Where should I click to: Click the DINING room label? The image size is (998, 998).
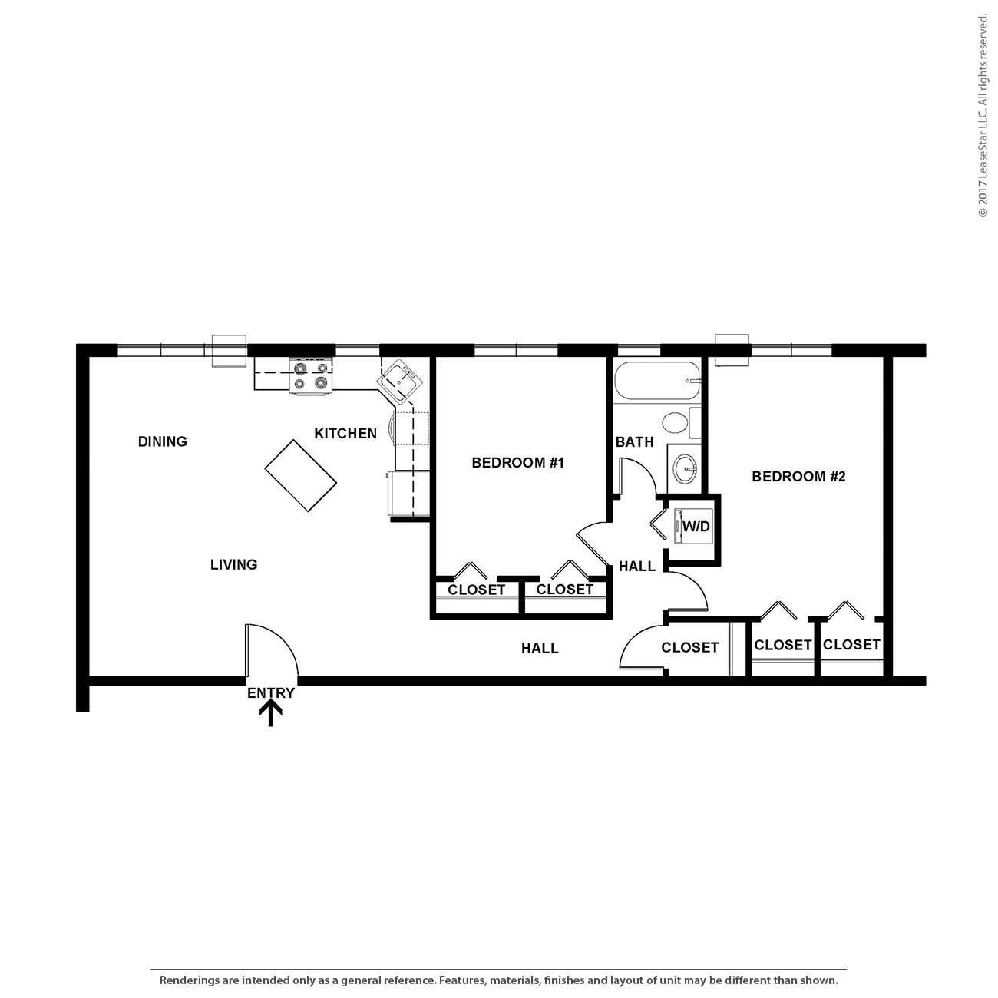[x=162, y=441]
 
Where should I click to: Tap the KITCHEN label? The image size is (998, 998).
[x=345, y=434]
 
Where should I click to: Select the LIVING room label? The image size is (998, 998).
[x=233, y=565]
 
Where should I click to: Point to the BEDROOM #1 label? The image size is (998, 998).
[x=517, y=463]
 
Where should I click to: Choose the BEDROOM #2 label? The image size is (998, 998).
[x=798, y=477]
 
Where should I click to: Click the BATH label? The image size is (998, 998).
[x=634, y=442]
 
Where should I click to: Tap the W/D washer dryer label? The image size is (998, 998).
[x=696, y=527]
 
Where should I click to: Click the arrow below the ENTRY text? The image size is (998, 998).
[x=270, y=714]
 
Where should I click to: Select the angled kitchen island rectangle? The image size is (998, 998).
[x=300, y=475]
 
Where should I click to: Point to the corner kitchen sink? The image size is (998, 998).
[x=401, y=380]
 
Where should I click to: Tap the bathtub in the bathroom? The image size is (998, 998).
[x=658, y=381]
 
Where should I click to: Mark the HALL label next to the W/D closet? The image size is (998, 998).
[x=637, y=567]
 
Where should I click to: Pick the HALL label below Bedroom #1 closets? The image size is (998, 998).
[x=540, y=649]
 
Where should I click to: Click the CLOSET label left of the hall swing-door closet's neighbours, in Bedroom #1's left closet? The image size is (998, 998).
[x=476, y=590]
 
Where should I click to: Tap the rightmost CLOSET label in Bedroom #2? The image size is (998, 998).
[x=851, y=645]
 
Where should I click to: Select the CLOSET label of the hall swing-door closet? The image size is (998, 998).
[x=689, y=648]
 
